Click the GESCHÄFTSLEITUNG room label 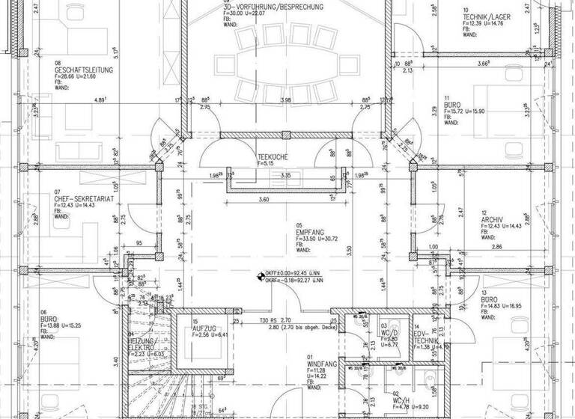[x=82, y=70]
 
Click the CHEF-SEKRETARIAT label [x=82, y=199]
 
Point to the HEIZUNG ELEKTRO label [x=140, y=345]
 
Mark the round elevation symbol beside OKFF [x=260, y=276]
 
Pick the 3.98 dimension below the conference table [x=284, y=100]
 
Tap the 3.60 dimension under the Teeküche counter [x=263, y=200]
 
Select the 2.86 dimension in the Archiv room [x=496, y=246]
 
